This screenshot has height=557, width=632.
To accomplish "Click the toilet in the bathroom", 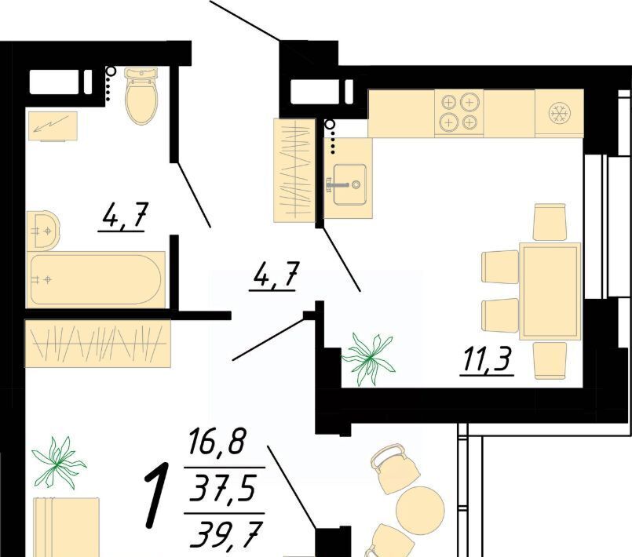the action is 141,96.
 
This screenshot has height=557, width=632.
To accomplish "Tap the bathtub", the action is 96,279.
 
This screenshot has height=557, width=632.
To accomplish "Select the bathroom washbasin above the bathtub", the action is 43,230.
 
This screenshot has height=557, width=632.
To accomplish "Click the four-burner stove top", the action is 459,113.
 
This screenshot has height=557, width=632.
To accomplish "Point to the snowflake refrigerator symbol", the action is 560,113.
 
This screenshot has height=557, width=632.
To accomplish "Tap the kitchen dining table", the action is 550,291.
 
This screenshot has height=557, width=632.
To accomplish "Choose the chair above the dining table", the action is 550,222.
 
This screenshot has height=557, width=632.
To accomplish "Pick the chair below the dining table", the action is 550,360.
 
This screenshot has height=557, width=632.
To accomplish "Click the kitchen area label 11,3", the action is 488,361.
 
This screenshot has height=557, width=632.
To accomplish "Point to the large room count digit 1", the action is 158,495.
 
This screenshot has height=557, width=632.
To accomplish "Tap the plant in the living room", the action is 59,463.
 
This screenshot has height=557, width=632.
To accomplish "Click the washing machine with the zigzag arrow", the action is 53,126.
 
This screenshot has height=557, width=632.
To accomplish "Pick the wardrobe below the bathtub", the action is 97,343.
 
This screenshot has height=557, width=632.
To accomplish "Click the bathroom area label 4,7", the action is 122,217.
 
